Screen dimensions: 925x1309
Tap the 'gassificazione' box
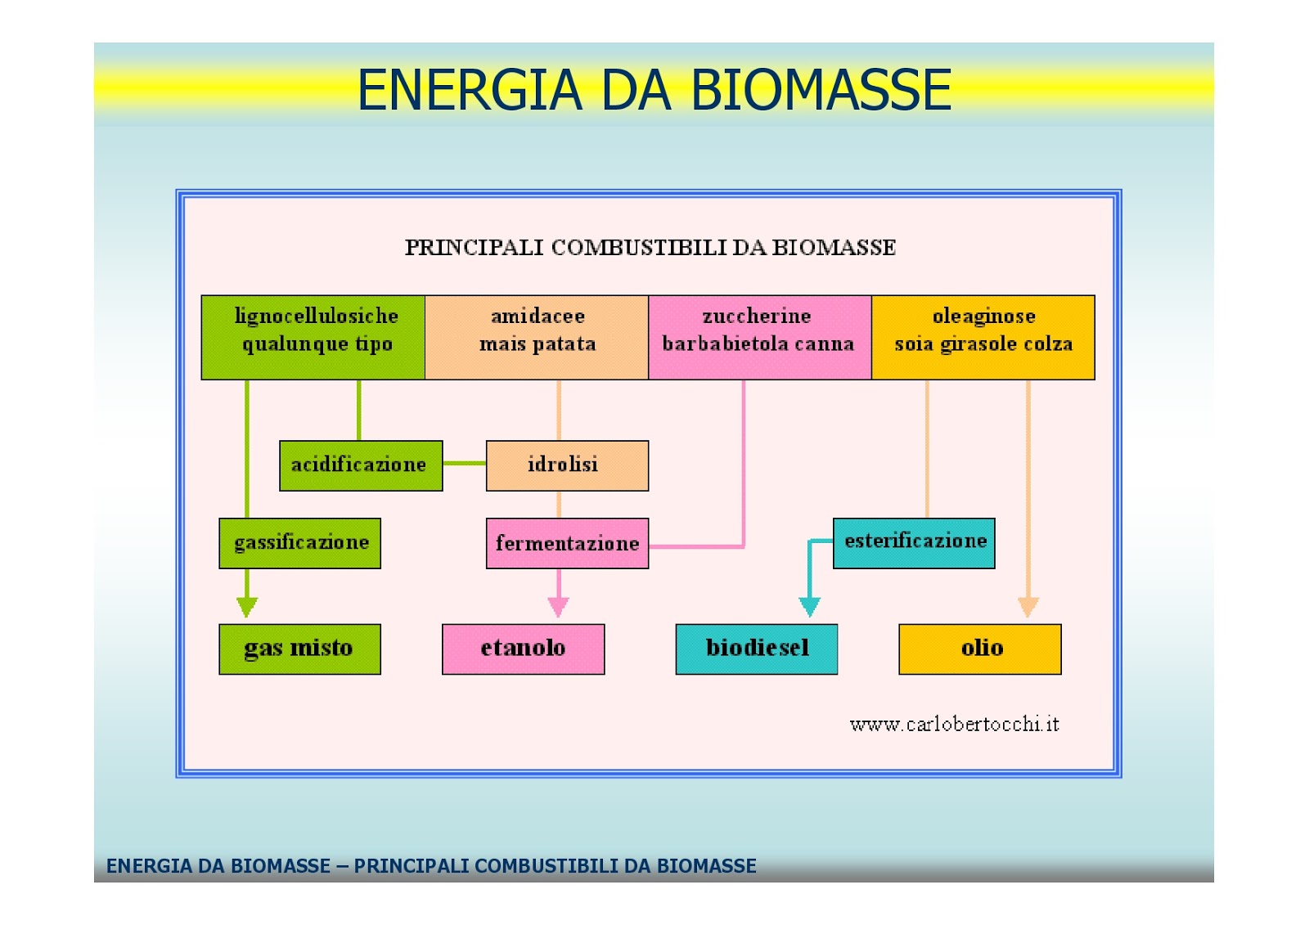coord(299,543)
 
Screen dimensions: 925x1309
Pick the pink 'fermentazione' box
coord(567,543)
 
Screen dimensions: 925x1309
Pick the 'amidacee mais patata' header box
coord(537,337)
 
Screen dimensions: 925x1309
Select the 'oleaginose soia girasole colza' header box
coord(983,337)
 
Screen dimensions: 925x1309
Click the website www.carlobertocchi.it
coord(954,724)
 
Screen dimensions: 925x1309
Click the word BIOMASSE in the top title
coord(821,90)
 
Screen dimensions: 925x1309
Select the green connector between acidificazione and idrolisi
coord(465,463)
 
